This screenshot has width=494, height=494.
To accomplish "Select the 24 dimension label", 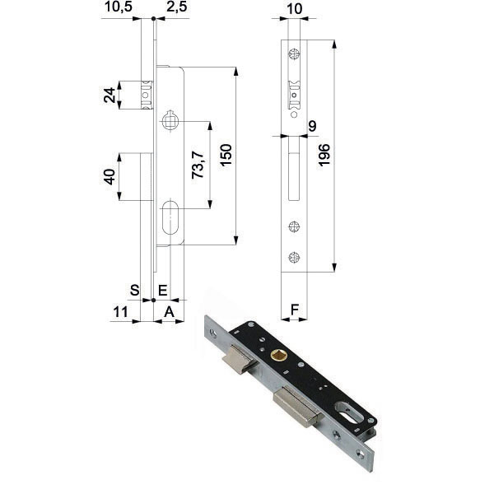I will (110, 95).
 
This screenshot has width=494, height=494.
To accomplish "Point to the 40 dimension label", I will (110, 176).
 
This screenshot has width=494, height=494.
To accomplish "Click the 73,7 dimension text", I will (197, 165).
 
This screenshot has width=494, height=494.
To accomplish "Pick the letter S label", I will (135, 289).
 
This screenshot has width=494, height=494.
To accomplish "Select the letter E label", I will (162, 289).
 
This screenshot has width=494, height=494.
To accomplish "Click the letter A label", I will (169, 311).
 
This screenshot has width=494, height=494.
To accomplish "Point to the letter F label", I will (295, 311).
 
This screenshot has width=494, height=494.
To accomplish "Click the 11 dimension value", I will (120, 311).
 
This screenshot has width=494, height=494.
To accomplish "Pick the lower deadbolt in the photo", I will (295, 408).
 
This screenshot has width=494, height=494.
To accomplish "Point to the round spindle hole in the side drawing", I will (170, 122).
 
